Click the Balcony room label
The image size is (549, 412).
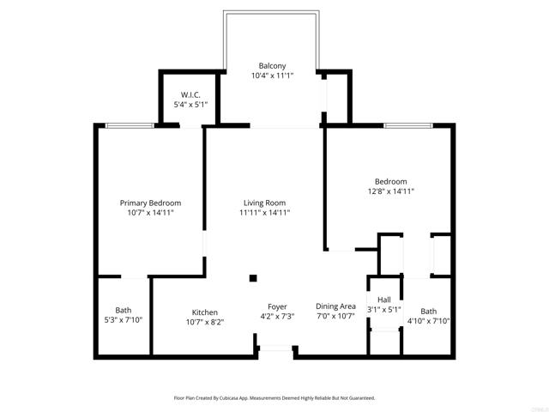pos(273,65)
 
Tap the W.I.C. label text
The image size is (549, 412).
pos(190,94)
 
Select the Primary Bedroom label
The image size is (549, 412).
pos(150,203)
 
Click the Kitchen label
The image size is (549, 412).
pos(204,312)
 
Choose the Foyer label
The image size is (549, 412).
pos(277,306)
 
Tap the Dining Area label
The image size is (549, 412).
pos(335,306)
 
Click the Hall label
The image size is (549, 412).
pos(384,299)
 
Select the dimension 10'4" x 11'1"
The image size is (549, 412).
pos(273,76)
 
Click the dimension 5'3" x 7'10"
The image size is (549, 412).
pos(124,321)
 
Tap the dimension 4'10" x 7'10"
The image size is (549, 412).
pos(428,321)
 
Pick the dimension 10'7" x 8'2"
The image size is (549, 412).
pos(204,322)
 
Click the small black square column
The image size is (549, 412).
pos(253,277)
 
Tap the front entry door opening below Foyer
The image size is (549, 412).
pos(276,347)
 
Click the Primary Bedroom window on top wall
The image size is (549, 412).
pos(130,125)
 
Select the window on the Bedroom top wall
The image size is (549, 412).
pos(408,125)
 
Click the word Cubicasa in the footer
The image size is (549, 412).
pos(225,398)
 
